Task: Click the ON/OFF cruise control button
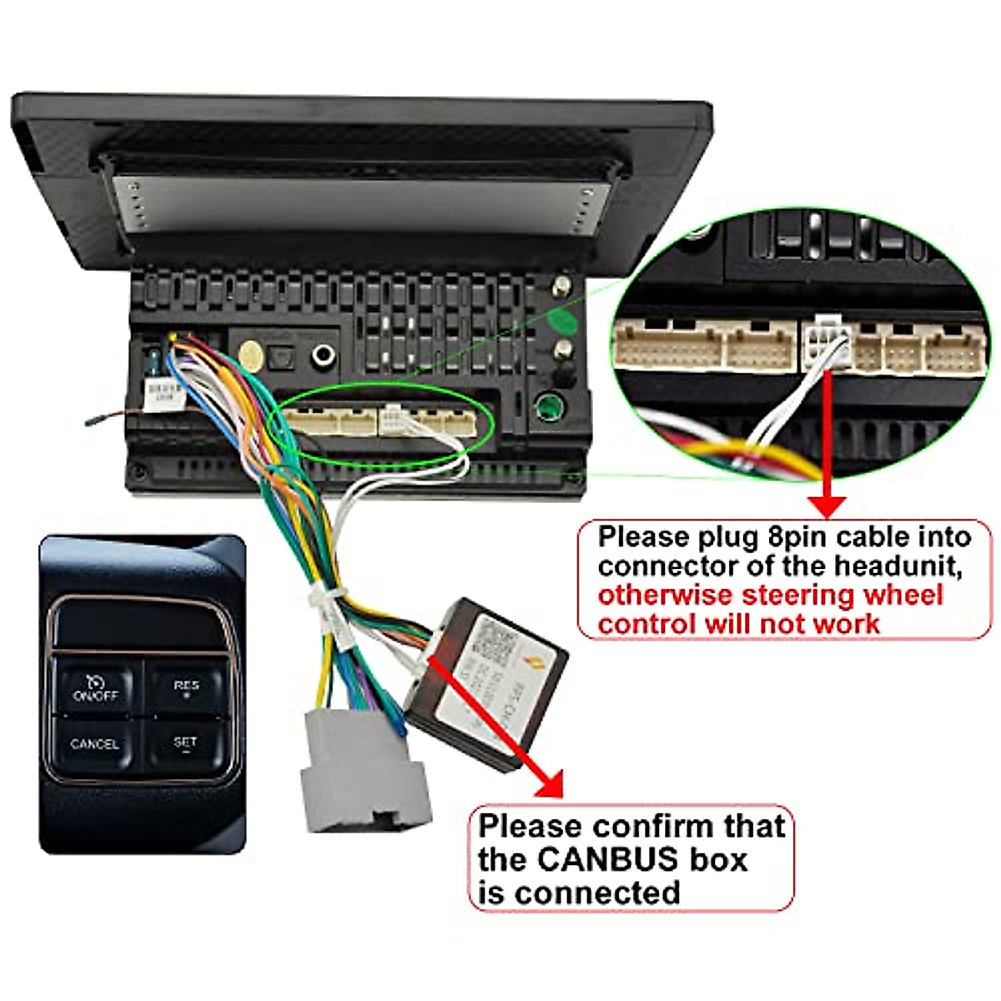tap(95, 687)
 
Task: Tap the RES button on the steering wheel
tap(186, 687)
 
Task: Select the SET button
tap(185, 742)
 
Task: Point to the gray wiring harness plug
tap(365, 776)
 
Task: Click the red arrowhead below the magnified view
tap(827, 506)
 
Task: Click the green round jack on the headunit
tap(549, 408)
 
